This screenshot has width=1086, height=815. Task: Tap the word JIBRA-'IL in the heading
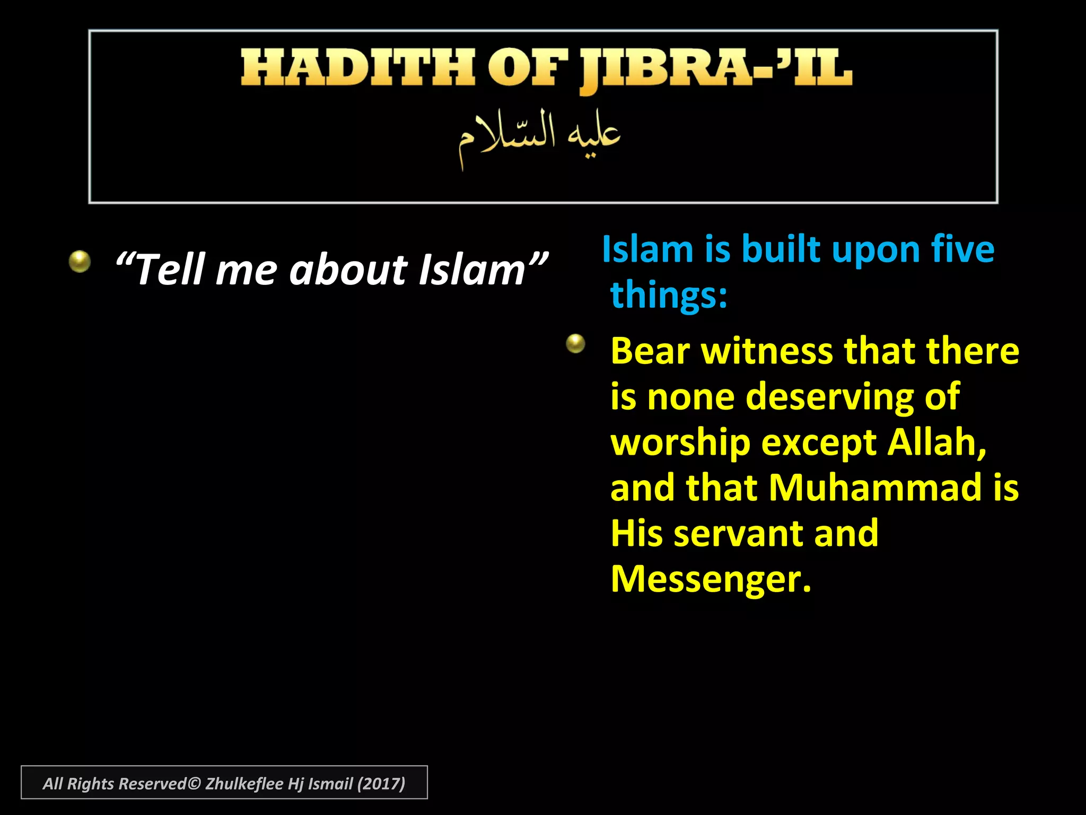715,69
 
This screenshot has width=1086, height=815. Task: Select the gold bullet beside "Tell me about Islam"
80,261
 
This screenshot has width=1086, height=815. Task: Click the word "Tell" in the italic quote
170,270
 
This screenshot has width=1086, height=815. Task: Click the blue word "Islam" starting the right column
647,249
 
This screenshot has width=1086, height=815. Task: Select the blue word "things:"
669,295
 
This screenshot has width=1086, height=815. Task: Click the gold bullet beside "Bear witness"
575,343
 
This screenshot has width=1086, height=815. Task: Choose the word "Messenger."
711,579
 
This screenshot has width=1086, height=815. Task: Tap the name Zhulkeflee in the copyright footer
244,784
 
